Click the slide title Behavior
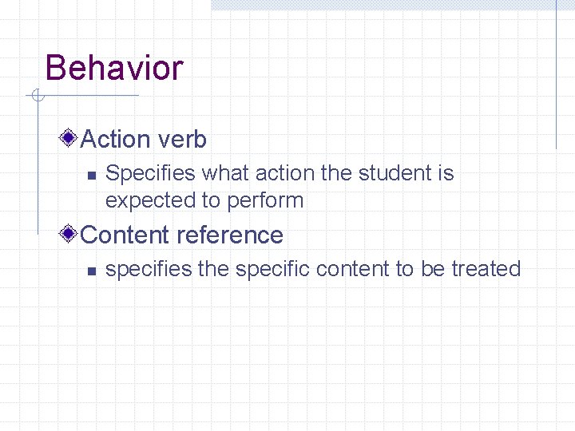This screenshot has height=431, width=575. click(114, 68)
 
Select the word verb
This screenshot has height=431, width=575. click(181, 140)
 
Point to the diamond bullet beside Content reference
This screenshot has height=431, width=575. click(69, 235)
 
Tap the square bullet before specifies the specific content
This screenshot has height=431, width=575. click(91, 271)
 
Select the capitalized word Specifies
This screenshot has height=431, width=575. click(150, 174)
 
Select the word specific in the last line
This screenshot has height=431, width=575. click(272, 270)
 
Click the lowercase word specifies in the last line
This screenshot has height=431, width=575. click(149, 270)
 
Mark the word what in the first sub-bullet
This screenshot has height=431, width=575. click(227, 173)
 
